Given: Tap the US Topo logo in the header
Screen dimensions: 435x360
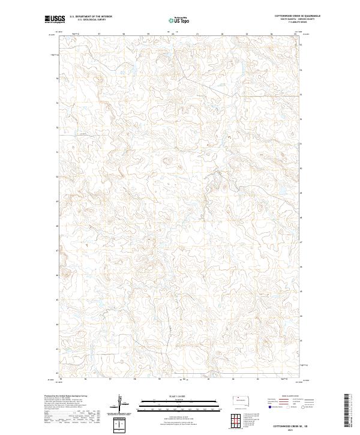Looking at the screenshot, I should point(172,20).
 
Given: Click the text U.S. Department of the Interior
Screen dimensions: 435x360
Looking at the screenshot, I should point(91,17).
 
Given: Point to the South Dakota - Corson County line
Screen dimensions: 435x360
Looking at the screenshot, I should point(281,19).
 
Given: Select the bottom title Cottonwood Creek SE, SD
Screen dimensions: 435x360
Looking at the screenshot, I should point(282,424).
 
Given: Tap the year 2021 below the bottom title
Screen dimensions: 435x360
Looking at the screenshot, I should point(282,428).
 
